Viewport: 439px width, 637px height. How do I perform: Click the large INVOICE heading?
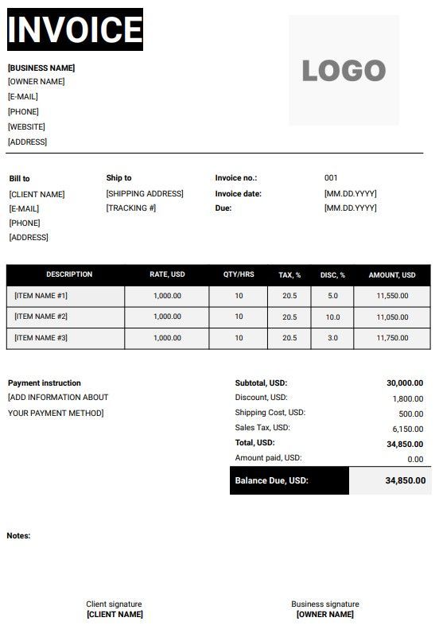coord(75,29)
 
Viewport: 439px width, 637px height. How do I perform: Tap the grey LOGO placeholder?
coord(344,70)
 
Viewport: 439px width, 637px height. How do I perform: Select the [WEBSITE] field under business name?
coord(26,126)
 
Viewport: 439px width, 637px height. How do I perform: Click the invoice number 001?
coord(331,178)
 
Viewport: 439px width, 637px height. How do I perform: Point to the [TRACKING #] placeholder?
coord(130,208)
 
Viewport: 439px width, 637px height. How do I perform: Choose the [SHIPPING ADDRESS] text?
coord(145,193)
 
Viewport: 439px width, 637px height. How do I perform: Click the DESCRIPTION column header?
coord(69,274)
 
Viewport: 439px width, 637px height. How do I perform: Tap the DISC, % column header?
coord(332,274)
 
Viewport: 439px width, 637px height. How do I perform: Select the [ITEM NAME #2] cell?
coord(41,317)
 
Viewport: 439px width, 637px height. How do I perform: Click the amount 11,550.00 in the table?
coord(392,296)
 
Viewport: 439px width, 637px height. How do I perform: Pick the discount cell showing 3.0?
coord(332,338)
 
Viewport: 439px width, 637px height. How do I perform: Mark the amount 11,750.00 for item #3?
coord(392,338)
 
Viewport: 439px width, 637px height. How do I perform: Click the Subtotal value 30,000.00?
coord(405,383)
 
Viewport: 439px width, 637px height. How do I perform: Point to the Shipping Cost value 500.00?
coord(410,414)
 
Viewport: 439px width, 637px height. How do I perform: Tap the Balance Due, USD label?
coord(271,480)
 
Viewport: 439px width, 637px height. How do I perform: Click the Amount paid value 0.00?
coord(415,459)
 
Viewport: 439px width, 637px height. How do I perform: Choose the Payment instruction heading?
coord(45,383)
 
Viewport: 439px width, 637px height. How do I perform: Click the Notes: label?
coord(18,536)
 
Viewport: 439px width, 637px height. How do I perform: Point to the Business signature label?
coord(324,604)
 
